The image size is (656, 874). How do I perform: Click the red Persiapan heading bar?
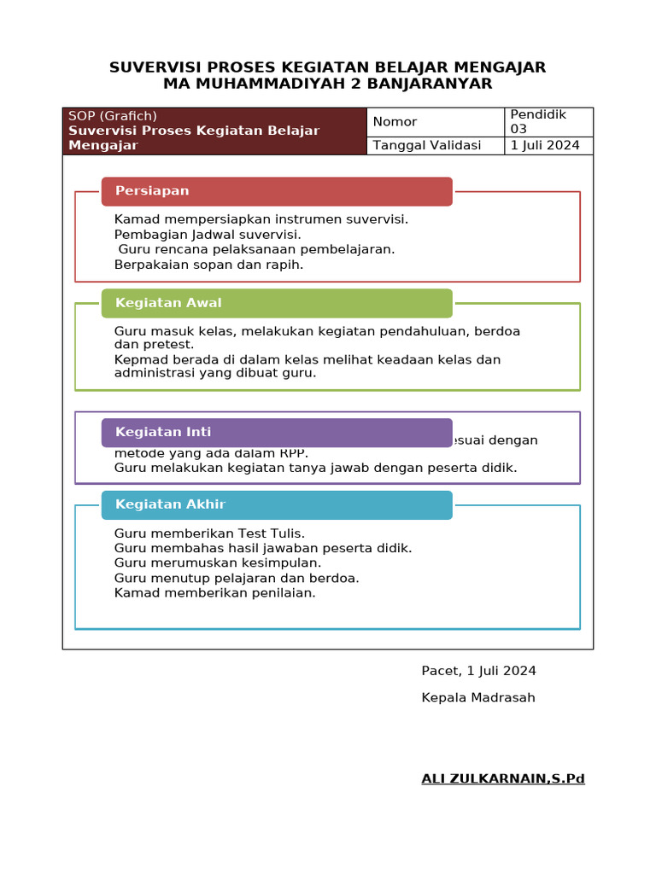click(277, 191)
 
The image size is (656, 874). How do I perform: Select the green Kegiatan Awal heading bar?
click(277, 303)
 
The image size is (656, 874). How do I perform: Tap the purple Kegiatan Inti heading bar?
click(277, 432)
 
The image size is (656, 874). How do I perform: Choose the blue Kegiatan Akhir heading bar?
click(277, 504)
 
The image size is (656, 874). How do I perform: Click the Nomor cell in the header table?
click(436, 122)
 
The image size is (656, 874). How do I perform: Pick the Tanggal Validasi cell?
click(436, 145)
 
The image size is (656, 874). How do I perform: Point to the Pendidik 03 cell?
click(548, 122)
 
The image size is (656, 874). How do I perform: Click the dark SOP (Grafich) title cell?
click(214, 131)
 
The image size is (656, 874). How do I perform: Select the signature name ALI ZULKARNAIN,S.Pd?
click(503, 778)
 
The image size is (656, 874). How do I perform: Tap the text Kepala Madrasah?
click(478, 697)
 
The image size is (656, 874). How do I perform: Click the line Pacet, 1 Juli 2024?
click(478, 671)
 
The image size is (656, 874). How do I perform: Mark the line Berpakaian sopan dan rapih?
click(208, 265)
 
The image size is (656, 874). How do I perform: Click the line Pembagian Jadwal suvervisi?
click(208, 235)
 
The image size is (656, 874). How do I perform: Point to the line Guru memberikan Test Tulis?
click(209, 533)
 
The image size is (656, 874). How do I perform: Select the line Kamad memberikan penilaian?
click(214, 592)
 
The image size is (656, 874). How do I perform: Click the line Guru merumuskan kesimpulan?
click(218, 563)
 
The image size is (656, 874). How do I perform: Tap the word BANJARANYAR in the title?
click(412, 84)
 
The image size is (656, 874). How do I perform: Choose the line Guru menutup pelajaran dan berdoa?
click(237, 578)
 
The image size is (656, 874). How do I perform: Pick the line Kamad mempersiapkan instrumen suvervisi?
click(261, 219)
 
